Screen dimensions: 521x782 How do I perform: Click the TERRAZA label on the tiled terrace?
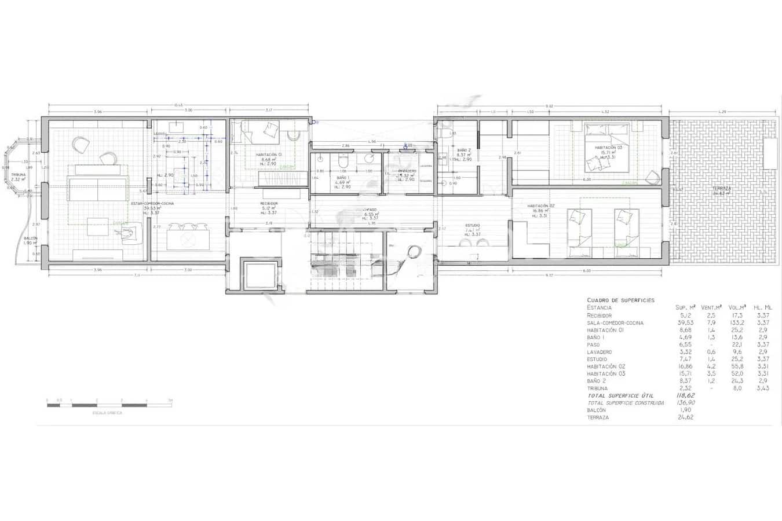coord(722,189)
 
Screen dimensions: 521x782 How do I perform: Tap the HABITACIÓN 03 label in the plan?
coord(604,148)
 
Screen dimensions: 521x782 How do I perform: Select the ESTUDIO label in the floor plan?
coord(473,225)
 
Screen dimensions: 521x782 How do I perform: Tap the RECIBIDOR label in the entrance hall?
coord(269,204)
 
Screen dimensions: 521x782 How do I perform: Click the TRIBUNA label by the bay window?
coord(19,174)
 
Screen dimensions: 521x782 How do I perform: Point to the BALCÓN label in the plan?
coord(31,238)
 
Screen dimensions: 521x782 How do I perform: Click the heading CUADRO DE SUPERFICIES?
coord(620,300)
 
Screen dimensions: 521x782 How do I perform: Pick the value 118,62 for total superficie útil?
coord(685,395)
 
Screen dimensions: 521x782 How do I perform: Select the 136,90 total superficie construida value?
coord(685,402)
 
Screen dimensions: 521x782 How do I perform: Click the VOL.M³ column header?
coord(737,307)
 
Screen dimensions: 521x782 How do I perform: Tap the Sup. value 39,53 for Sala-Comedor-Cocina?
coord(685,323)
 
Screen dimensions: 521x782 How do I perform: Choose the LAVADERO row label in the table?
coord(599,352)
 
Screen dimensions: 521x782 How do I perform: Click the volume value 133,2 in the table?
coord(737,323)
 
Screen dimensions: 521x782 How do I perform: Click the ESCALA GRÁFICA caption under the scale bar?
coord(108,413)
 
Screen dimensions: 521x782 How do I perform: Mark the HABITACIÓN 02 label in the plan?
coord(541,206)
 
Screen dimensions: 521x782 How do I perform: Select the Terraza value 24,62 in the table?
coord(685,417)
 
